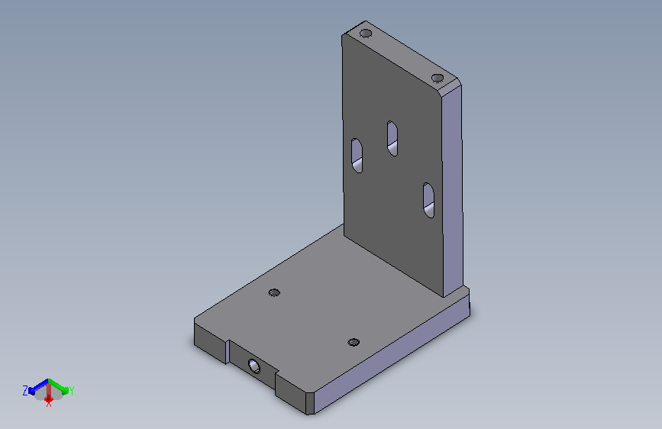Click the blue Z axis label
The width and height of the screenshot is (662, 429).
tap(25, 391)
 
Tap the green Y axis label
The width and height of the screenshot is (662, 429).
tap(71, 391)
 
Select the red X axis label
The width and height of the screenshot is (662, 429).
tap(49, 404)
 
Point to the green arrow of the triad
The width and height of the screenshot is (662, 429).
tap(58, 385)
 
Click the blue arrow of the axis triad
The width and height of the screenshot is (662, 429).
tap(39, 386)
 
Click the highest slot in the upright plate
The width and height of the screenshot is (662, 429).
tap(392, 138)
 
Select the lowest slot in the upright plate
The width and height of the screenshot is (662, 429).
tap(428, 200)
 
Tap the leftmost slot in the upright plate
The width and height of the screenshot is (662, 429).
tap(357, 156)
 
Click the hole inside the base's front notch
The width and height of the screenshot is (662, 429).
tap(253, 366)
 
